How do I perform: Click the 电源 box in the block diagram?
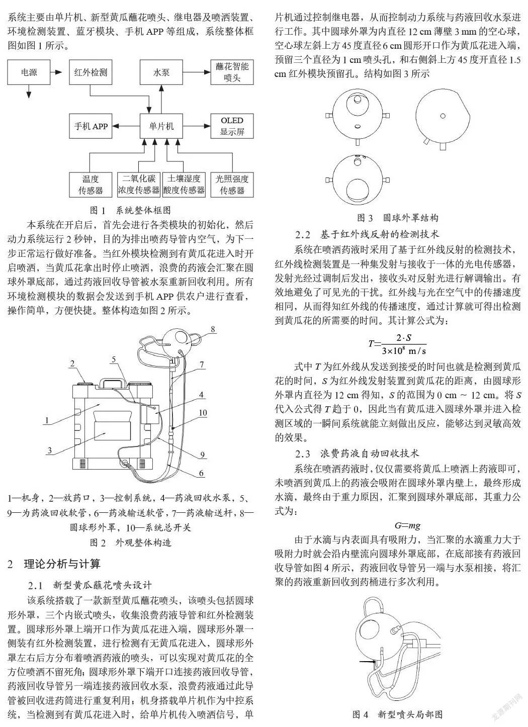[29, 72]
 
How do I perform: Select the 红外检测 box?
[91, 72]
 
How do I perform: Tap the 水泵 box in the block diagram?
[161, 72]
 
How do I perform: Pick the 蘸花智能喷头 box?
[232, 72]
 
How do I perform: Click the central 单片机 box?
[161, 126]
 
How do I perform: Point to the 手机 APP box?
[91, 126]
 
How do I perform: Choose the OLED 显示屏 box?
[232, 126]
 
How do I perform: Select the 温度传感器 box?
[91, 185]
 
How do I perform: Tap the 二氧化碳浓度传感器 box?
[139, 185]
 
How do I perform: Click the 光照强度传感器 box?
[232, 185]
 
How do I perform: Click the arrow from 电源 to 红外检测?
[56, 72]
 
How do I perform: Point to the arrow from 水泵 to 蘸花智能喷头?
[197, 72]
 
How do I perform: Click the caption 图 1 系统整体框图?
[130, 210]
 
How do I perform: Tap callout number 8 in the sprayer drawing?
[213, 329]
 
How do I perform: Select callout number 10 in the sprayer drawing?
[203, 413]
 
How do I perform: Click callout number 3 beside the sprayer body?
[50, 450]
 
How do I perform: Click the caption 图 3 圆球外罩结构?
[398, 218]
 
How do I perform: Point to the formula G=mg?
[407, 525]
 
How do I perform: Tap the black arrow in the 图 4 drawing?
[367, 661]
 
